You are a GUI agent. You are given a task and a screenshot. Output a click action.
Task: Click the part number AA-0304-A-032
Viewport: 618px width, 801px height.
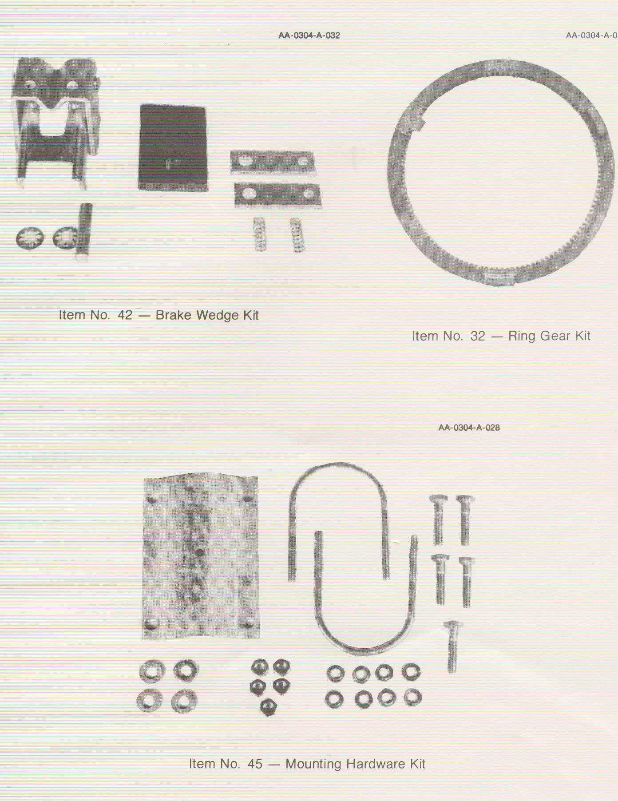tap(309, 36)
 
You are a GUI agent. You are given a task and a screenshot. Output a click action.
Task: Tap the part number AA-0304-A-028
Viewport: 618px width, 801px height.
tap(469, 428)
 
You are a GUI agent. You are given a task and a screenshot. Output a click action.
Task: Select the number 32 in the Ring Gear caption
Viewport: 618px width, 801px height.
tap(478, 336)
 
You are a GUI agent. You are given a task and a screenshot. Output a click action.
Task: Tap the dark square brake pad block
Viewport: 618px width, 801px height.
tap(173, 147)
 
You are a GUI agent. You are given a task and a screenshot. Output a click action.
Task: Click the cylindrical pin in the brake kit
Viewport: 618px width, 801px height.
tap(84, 232)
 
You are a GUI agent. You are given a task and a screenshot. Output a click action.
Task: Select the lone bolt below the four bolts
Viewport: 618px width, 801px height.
tap(452, 646)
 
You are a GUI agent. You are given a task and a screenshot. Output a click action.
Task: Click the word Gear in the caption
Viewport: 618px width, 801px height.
tap(549, 336)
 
